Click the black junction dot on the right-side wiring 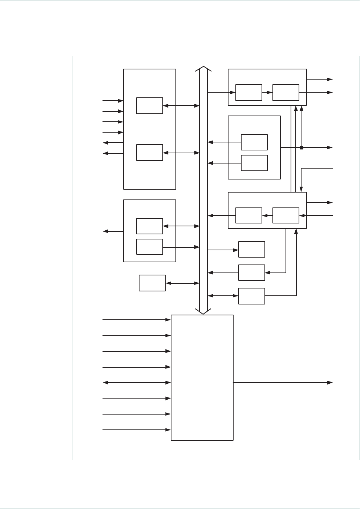pyautogui.click(x=302, y=148)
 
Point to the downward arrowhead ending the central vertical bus pyautogui.click(x=203, y=311)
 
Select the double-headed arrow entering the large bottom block pyautogui.click(x=137, y=383)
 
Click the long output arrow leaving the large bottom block pyautogui.click(x=283, y=383)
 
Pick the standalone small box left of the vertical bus pyautogui.click(x=152, y=283)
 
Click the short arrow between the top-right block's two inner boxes pyautogui.click(x=267, y=93)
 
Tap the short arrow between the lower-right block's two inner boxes pyautogui.click(x=267, y=216)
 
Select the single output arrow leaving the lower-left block pyautogui.click(x=113, y=231)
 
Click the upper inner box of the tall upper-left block pyautogui.click(x=150, y=106)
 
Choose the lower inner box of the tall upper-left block pyautogui.click(x=150, y=153)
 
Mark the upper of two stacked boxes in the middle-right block pyautogui.click(x=254, y=142)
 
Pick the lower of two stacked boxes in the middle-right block pyautogui.click(x=254, y=163)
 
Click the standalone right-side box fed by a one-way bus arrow pyautogui.click(x=252, y=250)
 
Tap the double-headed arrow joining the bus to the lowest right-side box pyautogui.click(x=223, y=296)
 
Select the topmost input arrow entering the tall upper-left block pyautogui.click(x=113, y=101)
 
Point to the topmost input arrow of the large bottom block pyautogui.click(x=137, y=320)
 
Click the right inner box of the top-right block pyautogui.click(x=286, y=93)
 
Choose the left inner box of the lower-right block pyautogui.click(x=249, y=216)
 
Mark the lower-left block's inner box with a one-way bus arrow pyautogui.click(x=150, y=247)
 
